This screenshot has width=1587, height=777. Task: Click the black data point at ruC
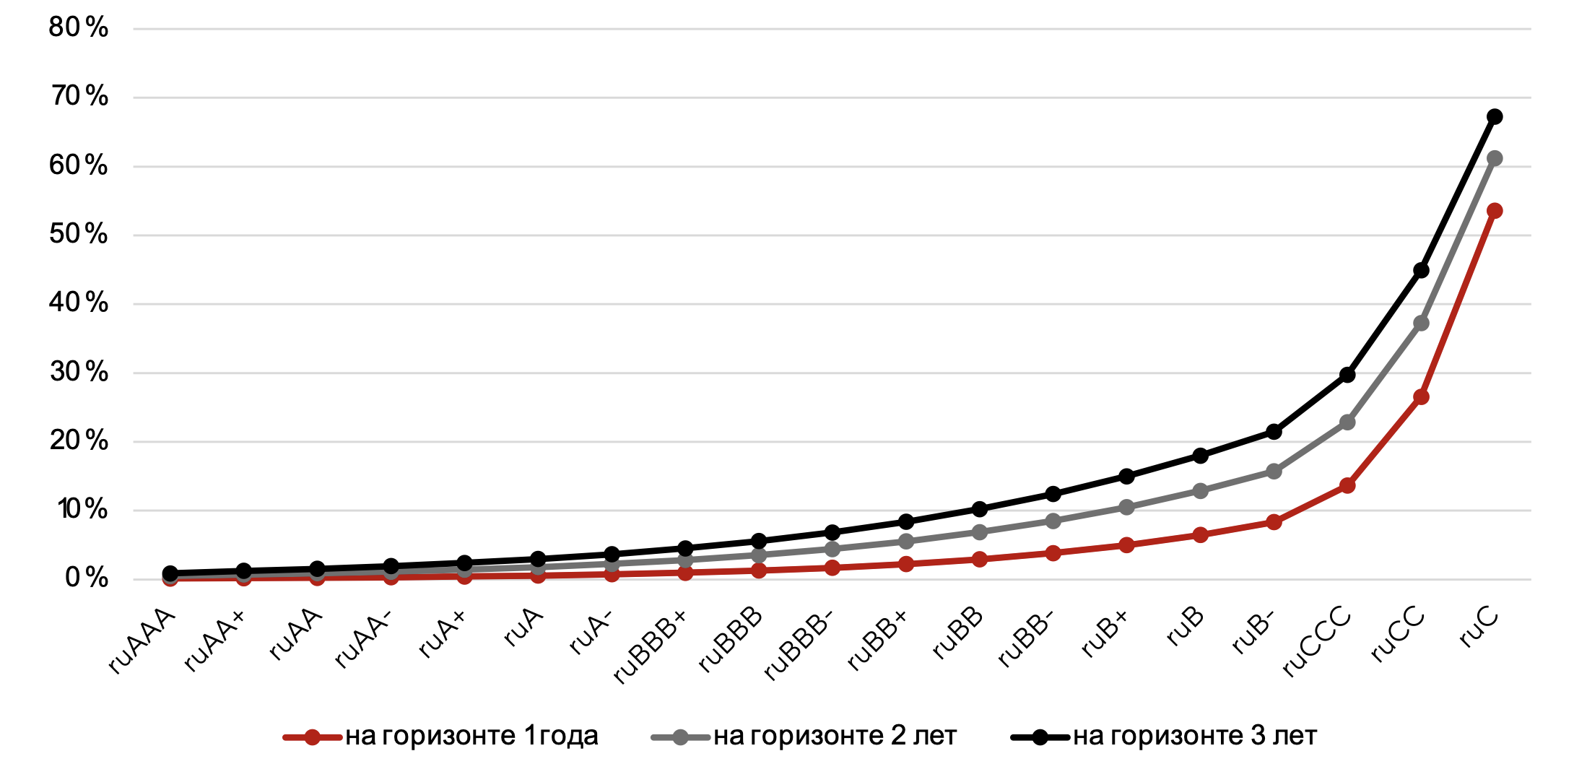tap(1495, 116)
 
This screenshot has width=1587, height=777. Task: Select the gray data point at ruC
tap(1495, 158)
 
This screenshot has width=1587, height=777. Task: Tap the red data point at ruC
tap(1495, 211)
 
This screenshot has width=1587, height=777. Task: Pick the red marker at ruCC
tap(1421, 396)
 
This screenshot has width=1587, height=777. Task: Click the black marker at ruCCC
tap(1347, 375)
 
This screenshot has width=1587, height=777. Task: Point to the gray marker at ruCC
tap(1421, 323)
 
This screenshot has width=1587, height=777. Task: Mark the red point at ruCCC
tap(1347, 485)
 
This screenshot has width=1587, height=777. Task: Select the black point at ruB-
tap(1274, 432)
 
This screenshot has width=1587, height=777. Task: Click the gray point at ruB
tap(1200, 491)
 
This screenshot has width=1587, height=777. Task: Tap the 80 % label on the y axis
tap(78, 27)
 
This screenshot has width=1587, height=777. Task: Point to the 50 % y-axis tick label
tap(78, 234)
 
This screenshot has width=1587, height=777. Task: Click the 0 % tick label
tap(86, 578)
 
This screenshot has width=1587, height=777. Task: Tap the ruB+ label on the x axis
tap(1105, 633)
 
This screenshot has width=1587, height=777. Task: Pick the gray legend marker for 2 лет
tap(680, 737)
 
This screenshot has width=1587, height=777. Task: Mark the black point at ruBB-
tap(1053, 494)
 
